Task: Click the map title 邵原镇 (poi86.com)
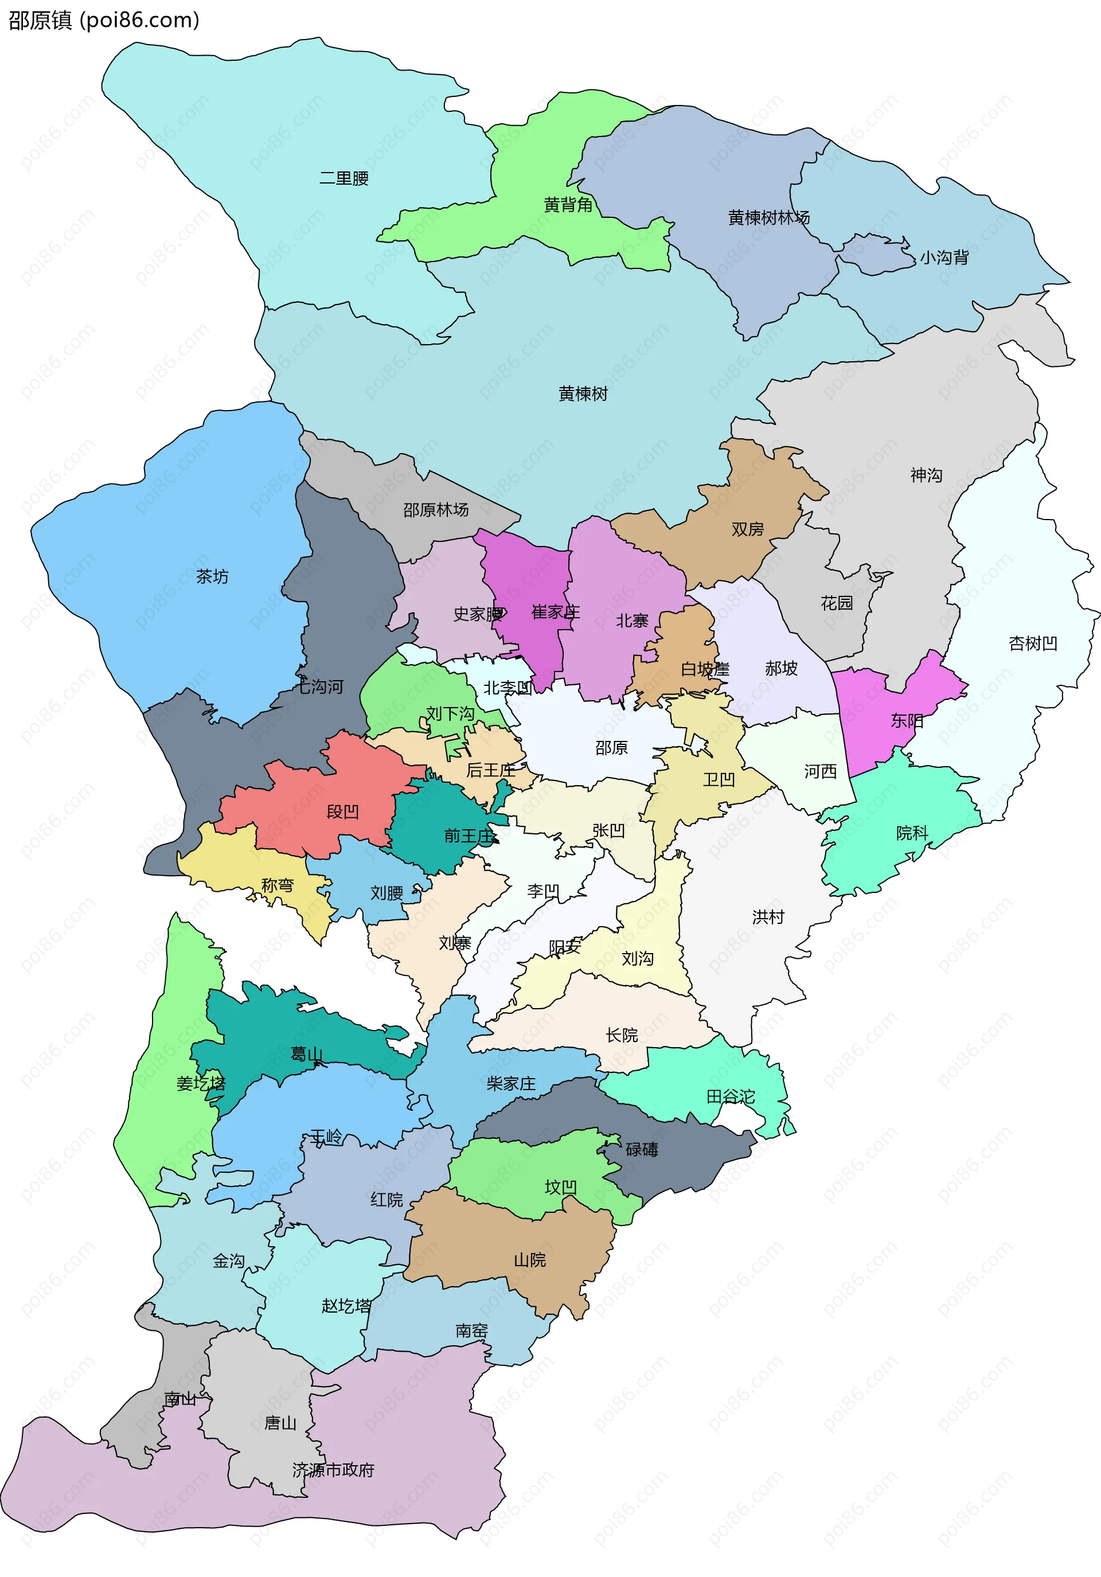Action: coord(103,20)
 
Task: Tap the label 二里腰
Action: coord(343,178)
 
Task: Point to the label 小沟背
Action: coord(944,257)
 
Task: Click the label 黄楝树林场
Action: coord(768,218)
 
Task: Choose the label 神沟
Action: coord(926,475)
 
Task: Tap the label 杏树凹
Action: coord(1032,643)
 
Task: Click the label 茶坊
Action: coord(212,576)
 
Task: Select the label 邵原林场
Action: coord(435,510)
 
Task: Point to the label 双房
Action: coord(747,529)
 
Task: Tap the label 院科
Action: coord(911,833)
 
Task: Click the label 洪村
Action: coord(768,917)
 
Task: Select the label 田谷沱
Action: coord(730,1097)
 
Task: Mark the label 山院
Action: coord(529,1260)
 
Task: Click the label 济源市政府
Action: coord(333,1470)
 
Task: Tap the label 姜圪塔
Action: coord(201,1083)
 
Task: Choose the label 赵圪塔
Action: coord(345,1306)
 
